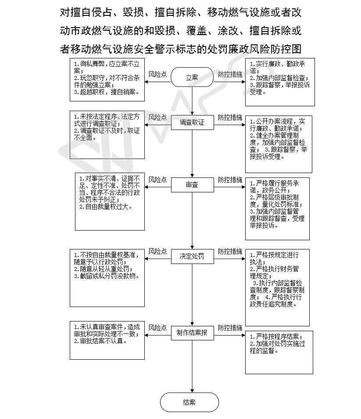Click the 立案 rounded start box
pos(192,77)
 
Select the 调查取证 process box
pos(193,123)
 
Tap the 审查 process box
pos(193,184)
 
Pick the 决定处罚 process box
pos(193,256)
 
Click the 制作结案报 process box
pos(193,332)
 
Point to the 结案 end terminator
pos(189,402)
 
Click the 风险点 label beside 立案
pos(157,74)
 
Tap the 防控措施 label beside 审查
pos(230,180)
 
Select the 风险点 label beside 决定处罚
pos(157,252)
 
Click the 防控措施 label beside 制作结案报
pos(230,328)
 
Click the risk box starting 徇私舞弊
pos(107,79)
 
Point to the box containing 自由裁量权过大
pos(110,202)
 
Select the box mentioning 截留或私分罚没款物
pos(107,278)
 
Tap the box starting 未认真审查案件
pos(107,340)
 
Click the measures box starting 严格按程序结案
pos(279,353)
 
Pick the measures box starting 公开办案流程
pos(279,144)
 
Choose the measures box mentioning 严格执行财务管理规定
pos(278,288)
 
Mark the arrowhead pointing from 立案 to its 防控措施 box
pos(243,82)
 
